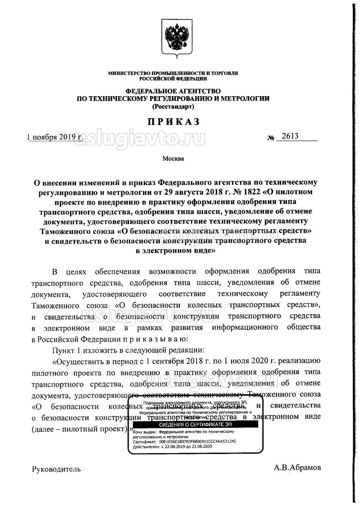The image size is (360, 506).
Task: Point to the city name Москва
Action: tap(173, 159)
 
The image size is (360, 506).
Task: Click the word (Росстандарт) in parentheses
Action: tap(173, 106)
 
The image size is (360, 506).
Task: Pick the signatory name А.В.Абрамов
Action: tap(297, 468)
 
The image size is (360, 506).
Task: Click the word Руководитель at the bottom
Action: tap(56, 469)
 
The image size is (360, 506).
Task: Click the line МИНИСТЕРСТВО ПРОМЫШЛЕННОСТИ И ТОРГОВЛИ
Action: tap(173, 73)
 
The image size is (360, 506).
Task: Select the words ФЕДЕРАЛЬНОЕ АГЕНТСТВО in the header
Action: tap(173, 91)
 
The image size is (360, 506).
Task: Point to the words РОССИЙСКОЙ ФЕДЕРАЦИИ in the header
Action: tap(173, 79)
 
